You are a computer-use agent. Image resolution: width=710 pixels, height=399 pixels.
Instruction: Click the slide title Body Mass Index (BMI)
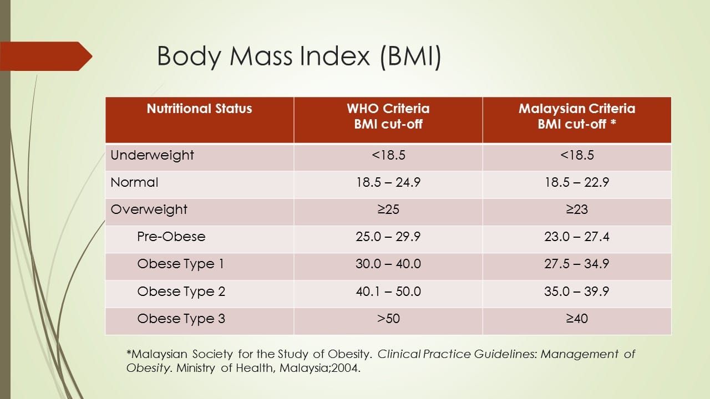coord(299,57)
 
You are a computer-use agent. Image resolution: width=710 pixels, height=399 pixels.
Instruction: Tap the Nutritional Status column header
coord(199,109)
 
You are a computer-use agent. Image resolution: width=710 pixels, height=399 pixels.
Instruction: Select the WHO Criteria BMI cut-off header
coord(388,116)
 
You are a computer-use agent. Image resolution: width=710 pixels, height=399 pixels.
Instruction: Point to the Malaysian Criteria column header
coord(577,116)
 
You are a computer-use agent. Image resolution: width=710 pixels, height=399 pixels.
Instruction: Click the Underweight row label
coord(152,156)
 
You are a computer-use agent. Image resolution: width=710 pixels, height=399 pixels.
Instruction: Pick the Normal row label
coord(134,182)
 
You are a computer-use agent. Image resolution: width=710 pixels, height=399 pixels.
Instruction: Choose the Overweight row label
coord(149,209)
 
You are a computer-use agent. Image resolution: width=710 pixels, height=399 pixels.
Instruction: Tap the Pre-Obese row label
coord(171,237)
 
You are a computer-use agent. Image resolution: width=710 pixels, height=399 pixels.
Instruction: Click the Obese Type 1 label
coord(181,264)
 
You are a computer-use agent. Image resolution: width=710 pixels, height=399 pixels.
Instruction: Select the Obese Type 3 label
coord(181,319)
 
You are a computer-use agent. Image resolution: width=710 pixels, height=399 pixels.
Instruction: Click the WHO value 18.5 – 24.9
coord(388,182)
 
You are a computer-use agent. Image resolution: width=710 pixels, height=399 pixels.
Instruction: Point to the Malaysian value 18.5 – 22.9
coord(577,182)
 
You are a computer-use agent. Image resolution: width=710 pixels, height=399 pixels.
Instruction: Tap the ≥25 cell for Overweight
coord(388,209)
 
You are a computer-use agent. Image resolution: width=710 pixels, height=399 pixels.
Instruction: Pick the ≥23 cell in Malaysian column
coord(577,209)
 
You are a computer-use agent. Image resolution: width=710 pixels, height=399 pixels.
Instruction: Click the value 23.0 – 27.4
coord(577,237)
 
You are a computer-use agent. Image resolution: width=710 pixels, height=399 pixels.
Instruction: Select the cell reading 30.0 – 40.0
coord(388,264)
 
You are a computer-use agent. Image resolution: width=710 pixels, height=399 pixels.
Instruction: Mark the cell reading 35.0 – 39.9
coord(577,291)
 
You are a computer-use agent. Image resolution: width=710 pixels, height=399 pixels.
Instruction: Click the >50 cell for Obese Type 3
coord(388,319)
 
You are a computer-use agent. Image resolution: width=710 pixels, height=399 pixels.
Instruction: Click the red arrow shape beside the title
coord(46,57)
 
